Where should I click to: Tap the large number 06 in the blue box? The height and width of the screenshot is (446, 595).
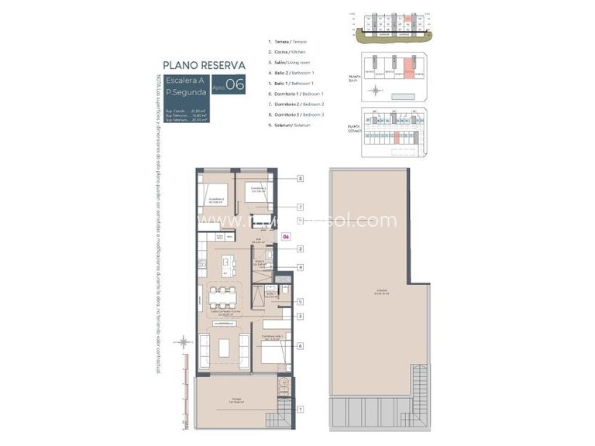(x=235, y=85)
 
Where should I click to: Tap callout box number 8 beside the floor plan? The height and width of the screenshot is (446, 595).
(x=299, y=179)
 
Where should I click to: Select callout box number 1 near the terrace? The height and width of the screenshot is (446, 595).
(x=299, y=408)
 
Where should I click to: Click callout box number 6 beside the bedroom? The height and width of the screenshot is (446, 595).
(x=299, y=346)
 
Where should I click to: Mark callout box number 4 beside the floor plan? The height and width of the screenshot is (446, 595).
(x=299, y=267)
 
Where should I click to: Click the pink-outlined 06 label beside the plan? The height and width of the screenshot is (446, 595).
(x=286, y=237)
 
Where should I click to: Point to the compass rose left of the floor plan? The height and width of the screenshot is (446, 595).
(x=184, y=341)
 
